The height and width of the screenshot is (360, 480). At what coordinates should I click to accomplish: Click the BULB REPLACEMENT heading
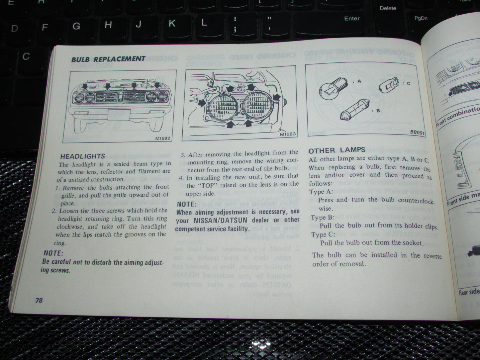click(108, 59)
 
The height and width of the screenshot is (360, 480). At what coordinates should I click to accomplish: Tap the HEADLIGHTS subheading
click(82, 156)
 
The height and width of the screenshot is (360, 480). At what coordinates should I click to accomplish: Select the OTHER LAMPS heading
click(337, 150)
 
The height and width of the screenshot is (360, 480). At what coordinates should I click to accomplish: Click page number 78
click(39, 300)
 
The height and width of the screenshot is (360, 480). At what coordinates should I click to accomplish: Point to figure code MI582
click(163, 138)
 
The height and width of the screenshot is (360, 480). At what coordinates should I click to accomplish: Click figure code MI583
click(287, 135)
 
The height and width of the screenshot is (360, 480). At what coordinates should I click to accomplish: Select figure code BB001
click(417, 132)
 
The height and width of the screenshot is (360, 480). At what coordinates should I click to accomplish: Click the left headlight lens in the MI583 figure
click(226, 107)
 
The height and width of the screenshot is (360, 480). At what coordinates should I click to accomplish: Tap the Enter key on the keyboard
click(352, 19)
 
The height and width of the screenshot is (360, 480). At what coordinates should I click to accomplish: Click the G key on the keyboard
click(76, 26)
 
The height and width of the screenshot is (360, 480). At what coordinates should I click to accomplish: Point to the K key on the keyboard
click(172, 23)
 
